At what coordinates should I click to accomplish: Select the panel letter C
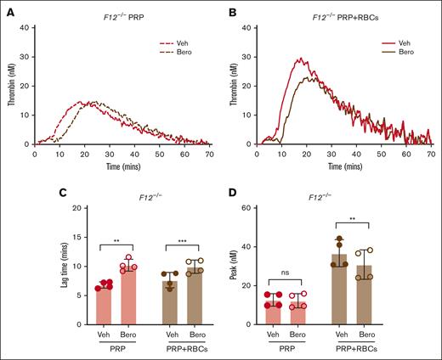point(6,194)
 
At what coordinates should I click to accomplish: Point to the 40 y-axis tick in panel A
point(27,28)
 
